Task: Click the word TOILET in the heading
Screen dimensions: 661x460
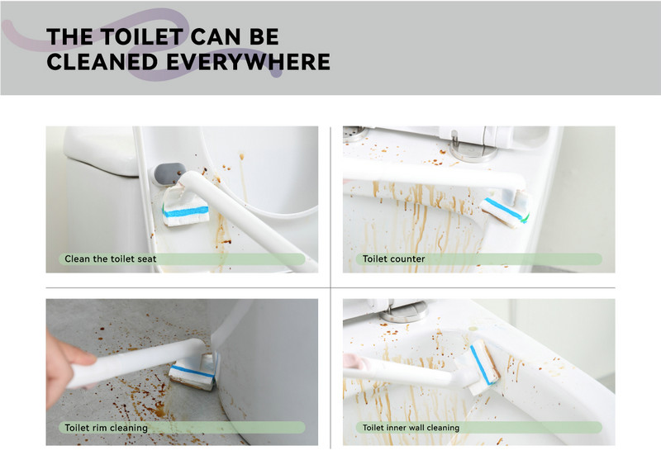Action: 141,36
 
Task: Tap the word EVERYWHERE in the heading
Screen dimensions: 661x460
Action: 249,62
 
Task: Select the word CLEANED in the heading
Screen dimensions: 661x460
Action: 102,62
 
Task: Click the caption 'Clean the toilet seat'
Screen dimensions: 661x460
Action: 111,259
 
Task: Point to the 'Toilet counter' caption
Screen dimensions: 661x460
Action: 394,259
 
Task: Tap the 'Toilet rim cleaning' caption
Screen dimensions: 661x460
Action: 107,428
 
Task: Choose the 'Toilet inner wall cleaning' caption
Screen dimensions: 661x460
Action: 411,428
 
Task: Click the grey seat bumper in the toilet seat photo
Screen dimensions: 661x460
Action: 169,173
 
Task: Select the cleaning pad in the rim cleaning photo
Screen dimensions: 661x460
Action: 193,372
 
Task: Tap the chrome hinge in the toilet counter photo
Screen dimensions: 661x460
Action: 473,149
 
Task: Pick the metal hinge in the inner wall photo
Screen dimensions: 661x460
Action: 403,311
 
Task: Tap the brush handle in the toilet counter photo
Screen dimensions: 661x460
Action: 435,176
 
